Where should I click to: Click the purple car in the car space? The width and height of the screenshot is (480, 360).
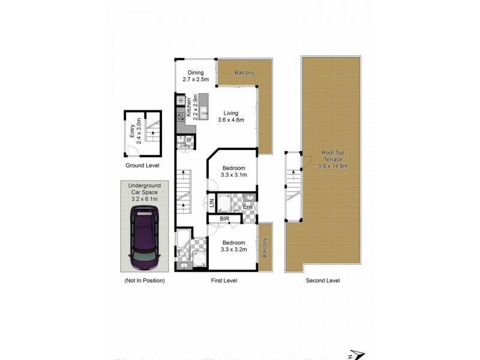pos(144,238)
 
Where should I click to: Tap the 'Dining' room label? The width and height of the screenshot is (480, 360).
pos(196,73)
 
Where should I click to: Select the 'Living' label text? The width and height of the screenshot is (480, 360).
pos(231,113)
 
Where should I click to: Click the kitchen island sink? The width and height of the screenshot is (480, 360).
pos(204,110)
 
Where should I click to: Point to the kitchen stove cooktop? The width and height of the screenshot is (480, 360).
pos(181,117)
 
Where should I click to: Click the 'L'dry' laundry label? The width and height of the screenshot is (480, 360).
pos(185,145)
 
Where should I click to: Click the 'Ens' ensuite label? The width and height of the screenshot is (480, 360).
pos(248,208)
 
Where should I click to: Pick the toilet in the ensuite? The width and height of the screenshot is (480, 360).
pos(237,208)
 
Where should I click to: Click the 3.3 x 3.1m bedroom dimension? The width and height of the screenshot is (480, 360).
pos(233,175)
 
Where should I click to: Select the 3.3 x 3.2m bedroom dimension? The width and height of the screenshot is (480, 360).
pos(233,249)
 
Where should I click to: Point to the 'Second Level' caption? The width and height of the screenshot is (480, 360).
pos(323,280)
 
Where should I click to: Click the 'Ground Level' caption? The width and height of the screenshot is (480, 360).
pos(142,165)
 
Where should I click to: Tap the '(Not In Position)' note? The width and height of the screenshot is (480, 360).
pos(144,280)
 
